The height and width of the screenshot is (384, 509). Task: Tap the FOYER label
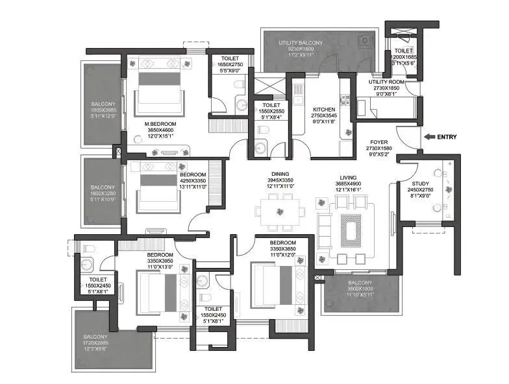[x=379, y=141]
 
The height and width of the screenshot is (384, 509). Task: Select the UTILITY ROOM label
[x=387, y=82]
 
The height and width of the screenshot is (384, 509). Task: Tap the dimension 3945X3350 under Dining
[x=280, y=180]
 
